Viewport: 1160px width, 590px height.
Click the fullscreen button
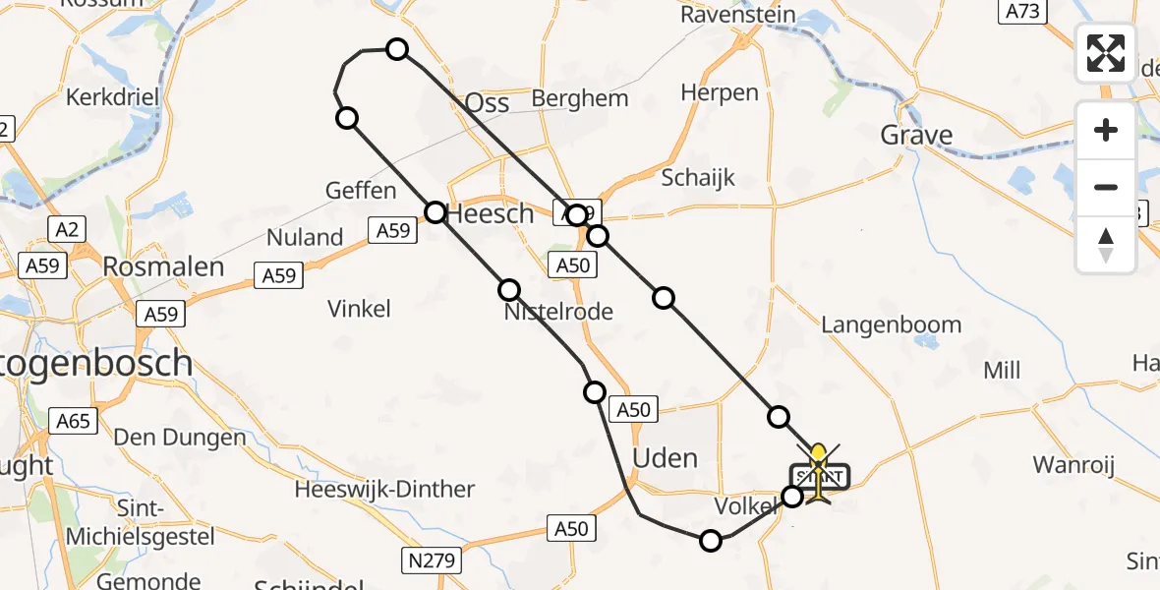tap(1106, 53)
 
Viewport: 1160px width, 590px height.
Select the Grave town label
tap(916, 135)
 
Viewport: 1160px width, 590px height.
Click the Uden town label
tap(666, 457)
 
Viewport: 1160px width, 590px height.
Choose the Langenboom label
tap(891, 324)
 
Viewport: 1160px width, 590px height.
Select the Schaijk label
tap(698, 178)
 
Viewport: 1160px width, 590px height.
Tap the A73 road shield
tap(1021, 12)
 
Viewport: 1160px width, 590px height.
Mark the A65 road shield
tap(73, 422)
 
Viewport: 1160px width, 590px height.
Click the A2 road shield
tap(68, 230)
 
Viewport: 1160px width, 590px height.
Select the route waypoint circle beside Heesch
tap(435, 211)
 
